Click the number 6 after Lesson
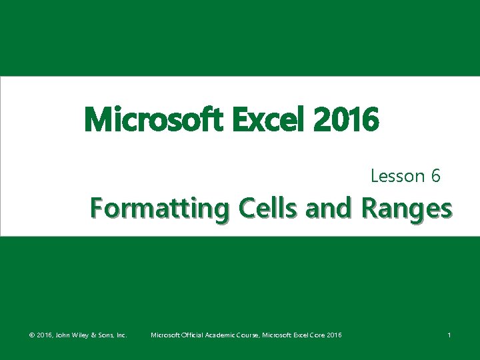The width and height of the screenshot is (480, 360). [435, 176]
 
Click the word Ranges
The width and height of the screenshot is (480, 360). [407, 209]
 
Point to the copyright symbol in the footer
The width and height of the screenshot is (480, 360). [31, 335]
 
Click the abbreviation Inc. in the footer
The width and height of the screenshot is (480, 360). [122, 335]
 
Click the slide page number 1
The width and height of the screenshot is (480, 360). [449, 335]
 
